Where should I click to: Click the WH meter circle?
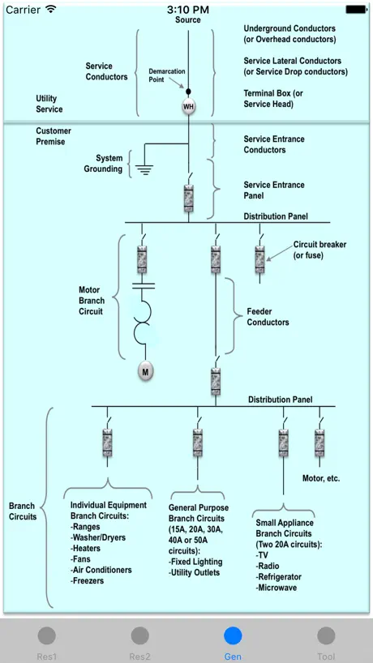(189, 106)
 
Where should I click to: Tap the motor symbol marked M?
(145, 372)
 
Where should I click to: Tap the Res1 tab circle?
(46, 635)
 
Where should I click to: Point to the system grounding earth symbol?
(144, 169)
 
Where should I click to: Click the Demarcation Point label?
(166, 75)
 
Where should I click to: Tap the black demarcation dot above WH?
(189, 92)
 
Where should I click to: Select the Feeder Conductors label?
(268, 317)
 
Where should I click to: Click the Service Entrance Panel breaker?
(189, 198)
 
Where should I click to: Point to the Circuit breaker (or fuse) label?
(319, 250)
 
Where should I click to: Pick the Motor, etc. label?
(321, 479)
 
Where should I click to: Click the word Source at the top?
(188, 19)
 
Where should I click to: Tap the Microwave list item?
(277, 588)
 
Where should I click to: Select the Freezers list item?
(87, 580)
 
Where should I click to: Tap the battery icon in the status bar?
(356, 9)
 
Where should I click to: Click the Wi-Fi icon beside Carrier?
(51, 9)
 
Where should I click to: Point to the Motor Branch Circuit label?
(92, 301)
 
